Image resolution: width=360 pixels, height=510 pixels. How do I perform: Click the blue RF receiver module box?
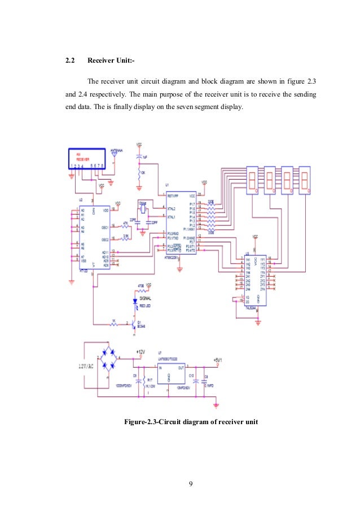tap(87, 158)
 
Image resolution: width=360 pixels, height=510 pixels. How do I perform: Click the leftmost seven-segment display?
tap(252, 180)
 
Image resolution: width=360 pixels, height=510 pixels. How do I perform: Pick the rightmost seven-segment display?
tap(305, 180)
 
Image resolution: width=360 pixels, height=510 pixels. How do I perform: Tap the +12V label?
tap(142, 352)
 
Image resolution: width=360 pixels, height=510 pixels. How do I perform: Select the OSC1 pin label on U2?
tap(104, 228)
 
